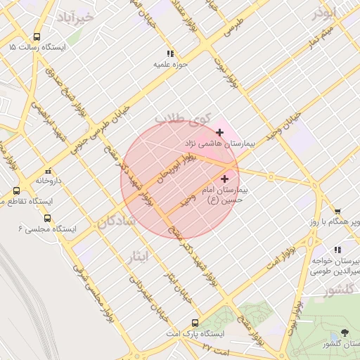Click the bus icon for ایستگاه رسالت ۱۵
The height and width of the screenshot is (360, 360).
coord(37,37)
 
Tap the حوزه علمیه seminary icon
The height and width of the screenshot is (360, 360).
coord(169,53)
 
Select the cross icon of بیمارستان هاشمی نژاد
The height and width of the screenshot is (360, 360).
coord(220,132)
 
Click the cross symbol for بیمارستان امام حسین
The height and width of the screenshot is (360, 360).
coord(225,179)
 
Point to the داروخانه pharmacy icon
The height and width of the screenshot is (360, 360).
coord(48,171)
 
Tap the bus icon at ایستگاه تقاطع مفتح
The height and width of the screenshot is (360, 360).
coord(16,191)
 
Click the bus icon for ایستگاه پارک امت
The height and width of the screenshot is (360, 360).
coord(195,323)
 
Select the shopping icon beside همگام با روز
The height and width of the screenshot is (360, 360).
coord(337,211)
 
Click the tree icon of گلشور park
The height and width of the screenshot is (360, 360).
coord(344,333)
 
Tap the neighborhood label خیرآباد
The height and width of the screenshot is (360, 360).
coord(75,16)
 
